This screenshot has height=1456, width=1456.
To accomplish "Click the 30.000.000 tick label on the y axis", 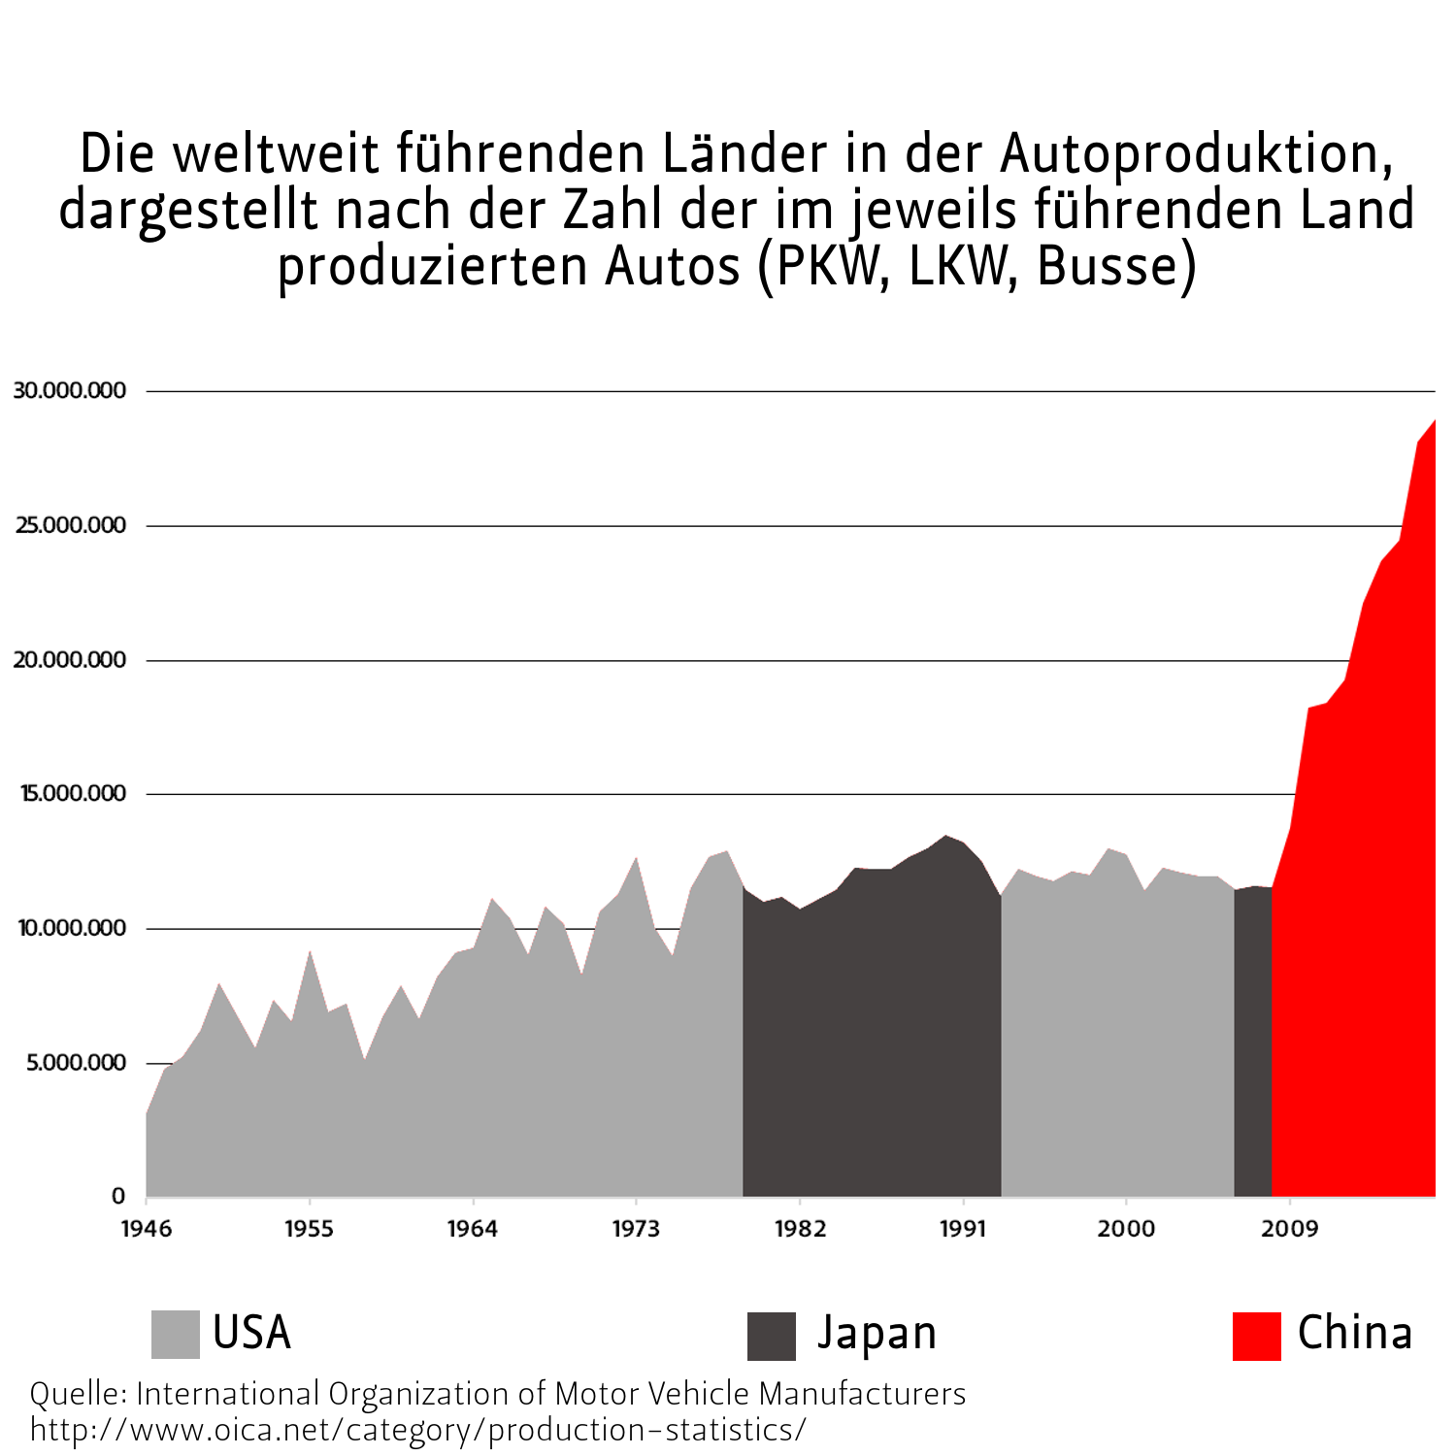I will [x=70, y=390].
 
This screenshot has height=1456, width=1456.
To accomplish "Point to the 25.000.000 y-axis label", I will [x=70, y=525].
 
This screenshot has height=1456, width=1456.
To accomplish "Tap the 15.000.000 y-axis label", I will [x=73, y=793].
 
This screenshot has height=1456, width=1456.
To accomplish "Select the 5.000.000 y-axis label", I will [x=76, y=1063].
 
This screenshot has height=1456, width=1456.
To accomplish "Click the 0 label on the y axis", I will [x=118, y=1197].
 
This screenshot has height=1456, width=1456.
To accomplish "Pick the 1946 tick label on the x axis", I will [x=146, y=1229].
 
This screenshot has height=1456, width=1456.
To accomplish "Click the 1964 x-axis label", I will [x=472, y=1229].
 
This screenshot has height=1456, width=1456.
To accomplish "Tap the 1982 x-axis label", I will [x=800, y=1229].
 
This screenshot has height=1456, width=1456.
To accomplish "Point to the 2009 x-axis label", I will [x=1289, y=1229].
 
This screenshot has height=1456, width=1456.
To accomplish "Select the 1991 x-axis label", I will [x=963, y=1229].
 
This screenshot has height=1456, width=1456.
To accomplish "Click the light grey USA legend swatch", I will [x=175, y=1335].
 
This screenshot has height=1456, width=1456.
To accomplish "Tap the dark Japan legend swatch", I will [x=771, y=1336].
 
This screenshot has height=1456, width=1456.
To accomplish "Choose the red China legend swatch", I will [x=1256, y=1336].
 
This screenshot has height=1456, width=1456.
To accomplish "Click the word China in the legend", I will [x=1354, y=1333].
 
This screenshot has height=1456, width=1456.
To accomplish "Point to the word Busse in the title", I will [x=1114, y=266].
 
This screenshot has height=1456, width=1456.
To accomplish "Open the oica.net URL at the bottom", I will [x=417, y=1430].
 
